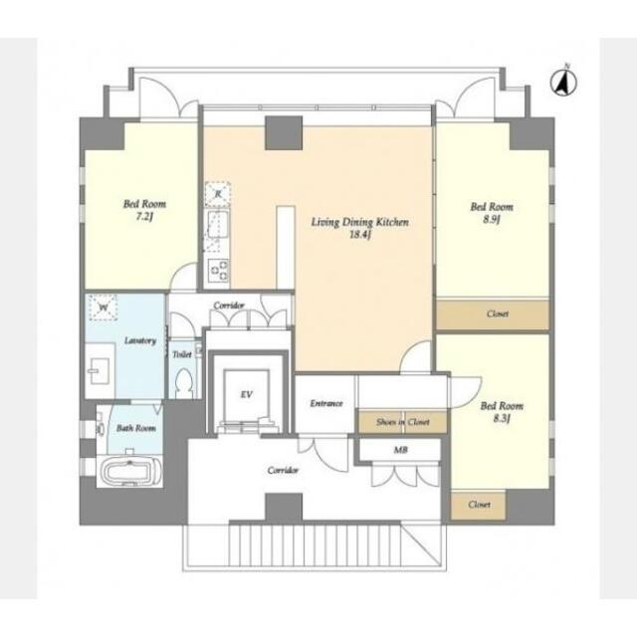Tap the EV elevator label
point(247,394)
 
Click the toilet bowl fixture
point(184,383)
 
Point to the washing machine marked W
point(104,308)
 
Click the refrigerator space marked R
point(218,195)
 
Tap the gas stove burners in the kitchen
point(218,270)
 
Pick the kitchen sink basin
point(218,224)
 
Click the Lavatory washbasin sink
point(100,370)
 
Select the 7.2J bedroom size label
point(144,217)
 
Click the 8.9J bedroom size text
point(492,219)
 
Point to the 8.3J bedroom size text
point(502,418)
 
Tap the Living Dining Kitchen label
point(360,222)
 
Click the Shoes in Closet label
point(403,422)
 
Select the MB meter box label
point(400,450)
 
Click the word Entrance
point(326,403)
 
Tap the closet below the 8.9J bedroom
point(493,315)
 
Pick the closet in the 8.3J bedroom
point(478,505)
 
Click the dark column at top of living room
point(284,132)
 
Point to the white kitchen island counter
point(286,248)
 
